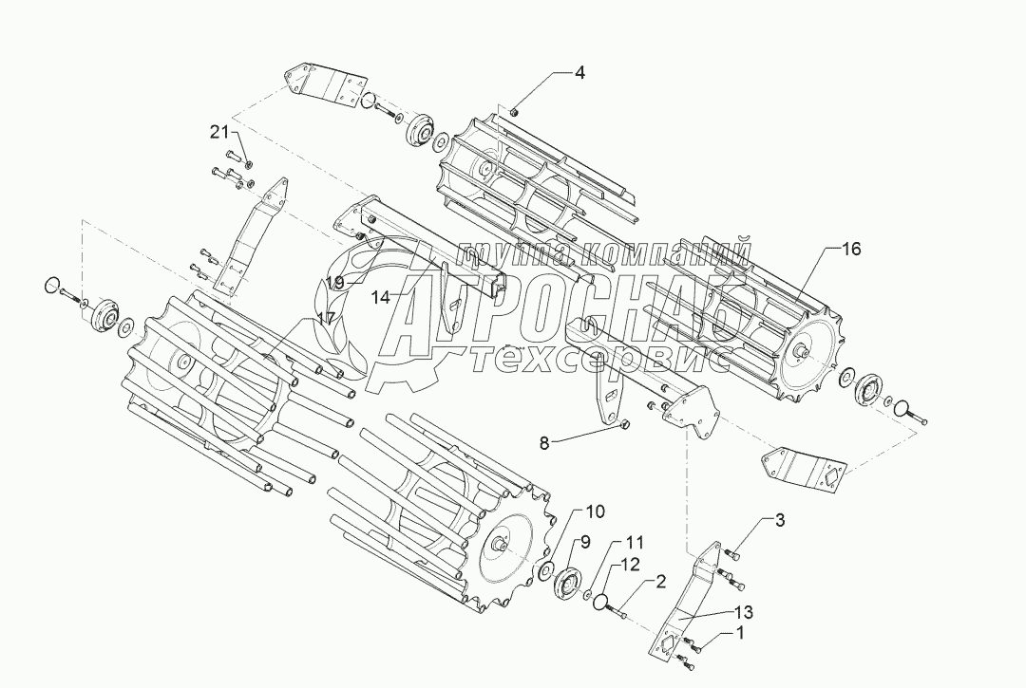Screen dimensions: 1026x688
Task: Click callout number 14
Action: click(380, 297)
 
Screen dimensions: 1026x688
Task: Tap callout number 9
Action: click(585, 543)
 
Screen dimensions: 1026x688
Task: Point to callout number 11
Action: click(634, 543)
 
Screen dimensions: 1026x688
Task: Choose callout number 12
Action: click(631, 566)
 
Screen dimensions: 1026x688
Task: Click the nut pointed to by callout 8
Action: click(624, 427)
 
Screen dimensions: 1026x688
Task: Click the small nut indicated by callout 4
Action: click(514, 114)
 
